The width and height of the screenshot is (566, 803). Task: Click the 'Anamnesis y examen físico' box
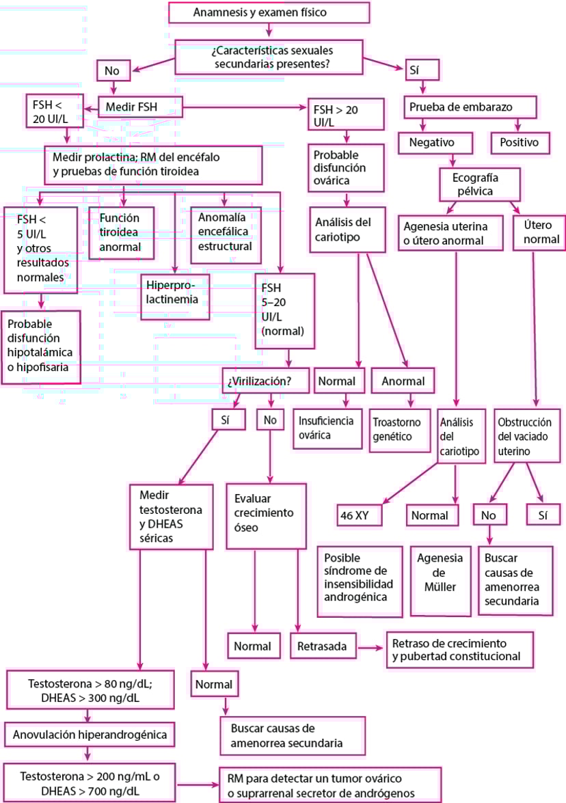click(269, 12)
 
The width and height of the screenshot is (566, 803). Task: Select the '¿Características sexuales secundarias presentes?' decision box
click(268, 57)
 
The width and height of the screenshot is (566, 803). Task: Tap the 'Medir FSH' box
click(141, 107)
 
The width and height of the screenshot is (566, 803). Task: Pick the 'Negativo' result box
click(436, 142)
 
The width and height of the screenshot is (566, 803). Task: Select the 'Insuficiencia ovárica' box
click(328, 428)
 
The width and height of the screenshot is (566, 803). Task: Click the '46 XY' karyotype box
click(358, 515)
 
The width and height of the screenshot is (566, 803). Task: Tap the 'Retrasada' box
click(323, 646)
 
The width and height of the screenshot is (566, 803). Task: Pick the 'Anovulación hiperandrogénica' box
click(87, 735)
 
